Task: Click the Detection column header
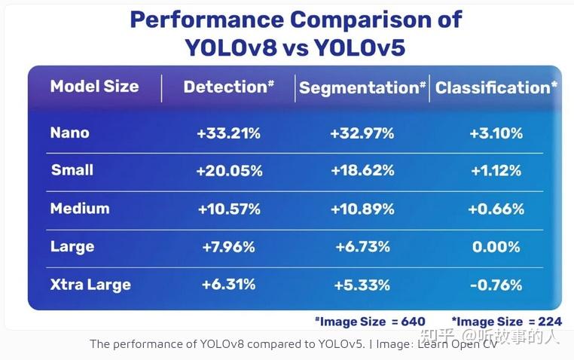(x=228, y=87)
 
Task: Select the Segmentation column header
(x=362, y=88)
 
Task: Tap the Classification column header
(x=496, y=88)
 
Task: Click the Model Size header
(x=94, y=87)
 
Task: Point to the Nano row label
(x=69, y=133)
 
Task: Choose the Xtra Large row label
(x=90, y=285)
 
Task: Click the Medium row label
(x=79, y=209)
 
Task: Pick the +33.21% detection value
(x=228, y=134)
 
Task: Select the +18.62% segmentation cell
(x=362, y=171)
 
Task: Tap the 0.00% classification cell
(x=496, y=247)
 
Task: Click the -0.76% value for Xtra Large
(x=496, y=285)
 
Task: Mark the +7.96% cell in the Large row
(x=228, y=247)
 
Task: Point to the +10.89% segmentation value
(x=362, y=209)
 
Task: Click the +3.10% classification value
(x=496, y=134)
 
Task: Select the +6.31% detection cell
(x=228, y=285)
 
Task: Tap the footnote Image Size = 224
(x=506, y=322)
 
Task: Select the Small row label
(x=72, y=170)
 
